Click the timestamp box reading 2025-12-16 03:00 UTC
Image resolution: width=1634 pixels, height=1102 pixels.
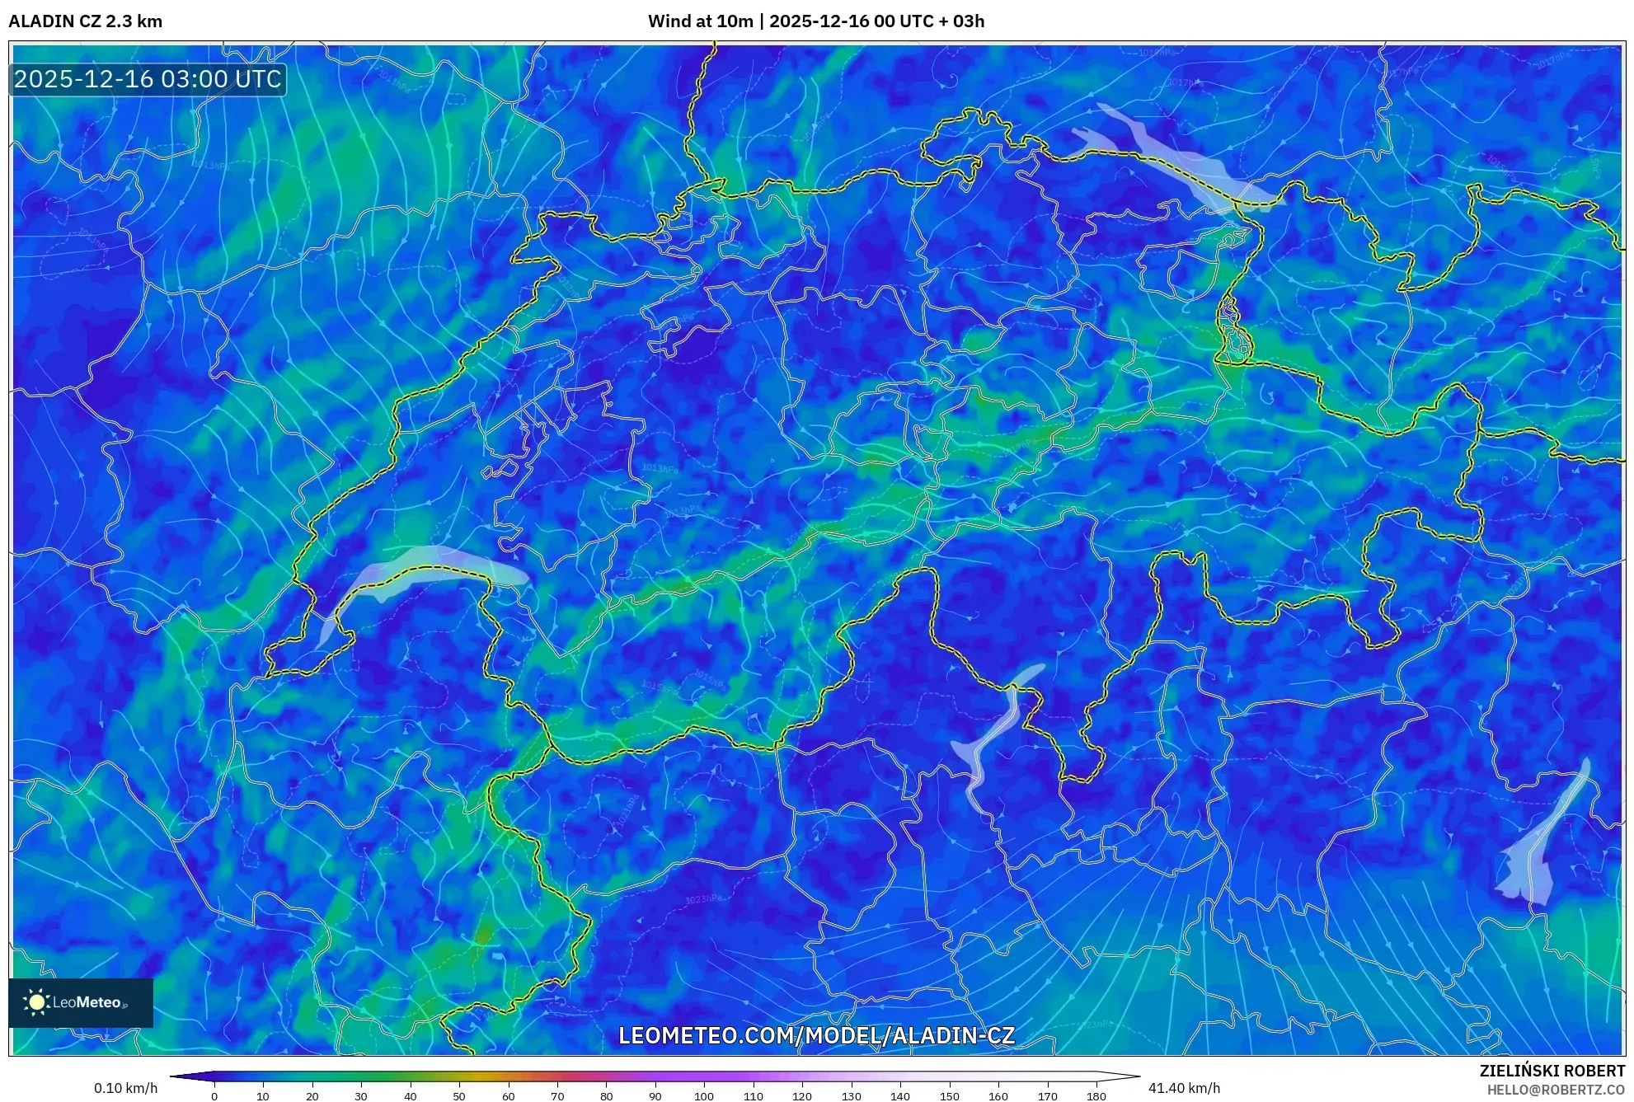click(x=148, y=79)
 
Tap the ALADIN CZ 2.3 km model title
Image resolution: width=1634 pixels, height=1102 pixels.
click(x=85, y=21)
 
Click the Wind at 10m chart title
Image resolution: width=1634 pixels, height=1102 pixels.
click(x=815, y=21)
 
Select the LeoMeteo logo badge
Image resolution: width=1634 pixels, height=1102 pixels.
click(x=81, y=1002)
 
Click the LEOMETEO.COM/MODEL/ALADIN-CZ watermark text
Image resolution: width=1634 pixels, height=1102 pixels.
click(x=816, y=1035)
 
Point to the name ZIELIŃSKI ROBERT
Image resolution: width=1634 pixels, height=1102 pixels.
click(x=1552, y=1071)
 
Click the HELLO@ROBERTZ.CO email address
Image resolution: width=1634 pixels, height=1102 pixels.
click(x=1555, y=1090)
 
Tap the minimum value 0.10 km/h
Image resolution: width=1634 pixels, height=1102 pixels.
click(x=125, y=1088)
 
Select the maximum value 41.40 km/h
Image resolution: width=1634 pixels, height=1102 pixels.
click(x=1184, y=1088)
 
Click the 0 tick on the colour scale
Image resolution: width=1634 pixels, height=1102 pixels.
click(x=214, y=1096)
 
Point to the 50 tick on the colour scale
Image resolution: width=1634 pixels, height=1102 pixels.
click(x=459, y=1096)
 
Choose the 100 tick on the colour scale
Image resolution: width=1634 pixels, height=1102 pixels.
click(x=703, y=1096)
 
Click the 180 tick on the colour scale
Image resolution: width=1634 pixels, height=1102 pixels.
click(x=1096, y=1096)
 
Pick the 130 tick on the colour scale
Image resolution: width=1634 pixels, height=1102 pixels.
click(x=851, y=1096)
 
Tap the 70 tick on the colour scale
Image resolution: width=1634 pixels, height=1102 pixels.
click(x=557, y=1096)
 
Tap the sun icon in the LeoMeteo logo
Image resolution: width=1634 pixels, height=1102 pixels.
click(x=36, y=1002)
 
